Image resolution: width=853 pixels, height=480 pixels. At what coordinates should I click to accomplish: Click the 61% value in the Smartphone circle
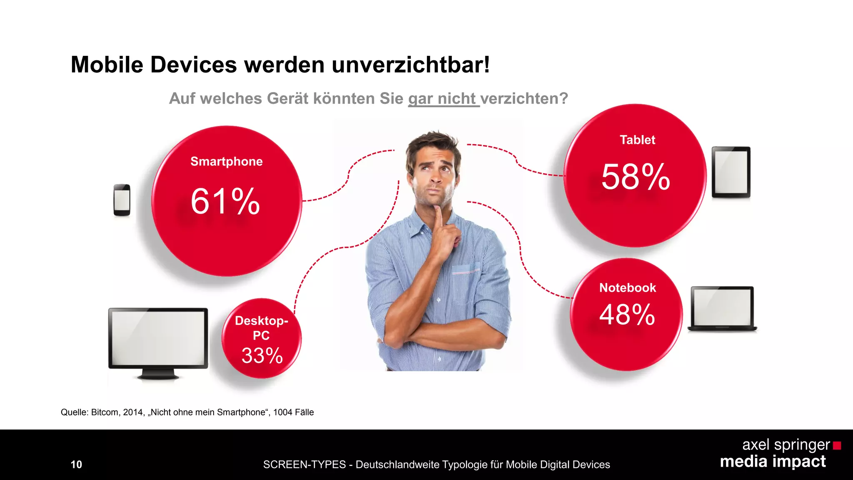pos(225,202)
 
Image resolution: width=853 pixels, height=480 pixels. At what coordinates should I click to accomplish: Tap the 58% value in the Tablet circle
pos(636,177)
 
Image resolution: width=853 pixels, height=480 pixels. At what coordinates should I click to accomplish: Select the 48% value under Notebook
pos(627,315)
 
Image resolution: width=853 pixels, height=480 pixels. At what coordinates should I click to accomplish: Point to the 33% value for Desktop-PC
pos(262,356)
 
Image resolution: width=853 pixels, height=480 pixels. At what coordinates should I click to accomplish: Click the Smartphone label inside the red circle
pos(227,162)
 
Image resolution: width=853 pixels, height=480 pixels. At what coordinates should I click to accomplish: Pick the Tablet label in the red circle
pos(637,140)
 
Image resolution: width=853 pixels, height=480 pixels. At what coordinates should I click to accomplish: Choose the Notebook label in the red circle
pos(627,288)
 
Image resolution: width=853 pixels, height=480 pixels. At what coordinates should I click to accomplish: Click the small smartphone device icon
pos(122,200)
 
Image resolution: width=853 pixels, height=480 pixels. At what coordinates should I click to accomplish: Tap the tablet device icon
pos(731,172)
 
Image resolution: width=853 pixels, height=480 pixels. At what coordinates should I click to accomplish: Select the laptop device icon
pos(722,309)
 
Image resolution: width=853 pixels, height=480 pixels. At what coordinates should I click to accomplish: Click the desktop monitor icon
pos(158,342)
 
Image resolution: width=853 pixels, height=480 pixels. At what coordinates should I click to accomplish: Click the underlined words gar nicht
pos(443,99)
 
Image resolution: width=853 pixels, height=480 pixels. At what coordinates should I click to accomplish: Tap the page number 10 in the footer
pos(76,465)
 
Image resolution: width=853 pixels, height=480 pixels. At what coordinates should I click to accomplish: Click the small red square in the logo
pos(837,446)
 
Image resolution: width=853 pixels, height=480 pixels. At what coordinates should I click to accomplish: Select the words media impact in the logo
pos(773,462)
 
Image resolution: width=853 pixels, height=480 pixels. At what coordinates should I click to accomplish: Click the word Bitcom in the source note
pos(104,412)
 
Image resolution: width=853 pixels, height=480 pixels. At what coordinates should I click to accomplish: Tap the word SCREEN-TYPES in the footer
pos(304,465)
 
